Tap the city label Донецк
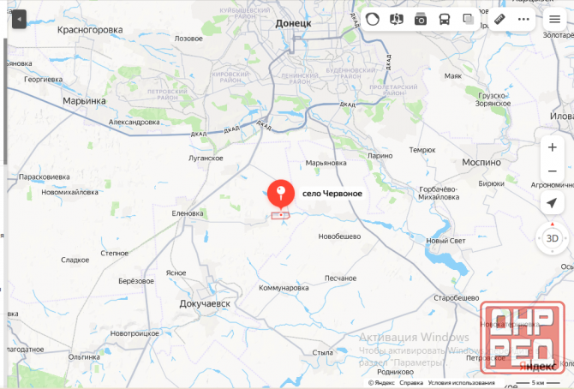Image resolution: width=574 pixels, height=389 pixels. pos(293,24)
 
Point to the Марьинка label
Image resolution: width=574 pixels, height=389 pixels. pos(84,100)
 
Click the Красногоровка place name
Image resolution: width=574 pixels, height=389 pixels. pos(90,29)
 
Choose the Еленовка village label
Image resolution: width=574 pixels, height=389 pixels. pos(188,213)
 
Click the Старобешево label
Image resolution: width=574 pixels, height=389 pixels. pos(455,296)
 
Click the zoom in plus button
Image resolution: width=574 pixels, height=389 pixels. pos(553,147)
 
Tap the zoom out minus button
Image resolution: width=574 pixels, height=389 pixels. pos(553,171)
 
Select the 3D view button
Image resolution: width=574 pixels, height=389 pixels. pos(553,237)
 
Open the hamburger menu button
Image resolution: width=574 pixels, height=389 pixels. pos(555,19)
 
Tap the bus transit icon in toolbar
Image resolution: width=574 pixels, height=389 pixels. pos(445,19)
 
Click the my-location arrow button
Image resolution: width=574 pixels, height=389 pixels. pos(553,203)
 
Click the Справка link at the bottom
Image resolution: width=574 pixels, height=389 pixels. pos(411,383)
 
